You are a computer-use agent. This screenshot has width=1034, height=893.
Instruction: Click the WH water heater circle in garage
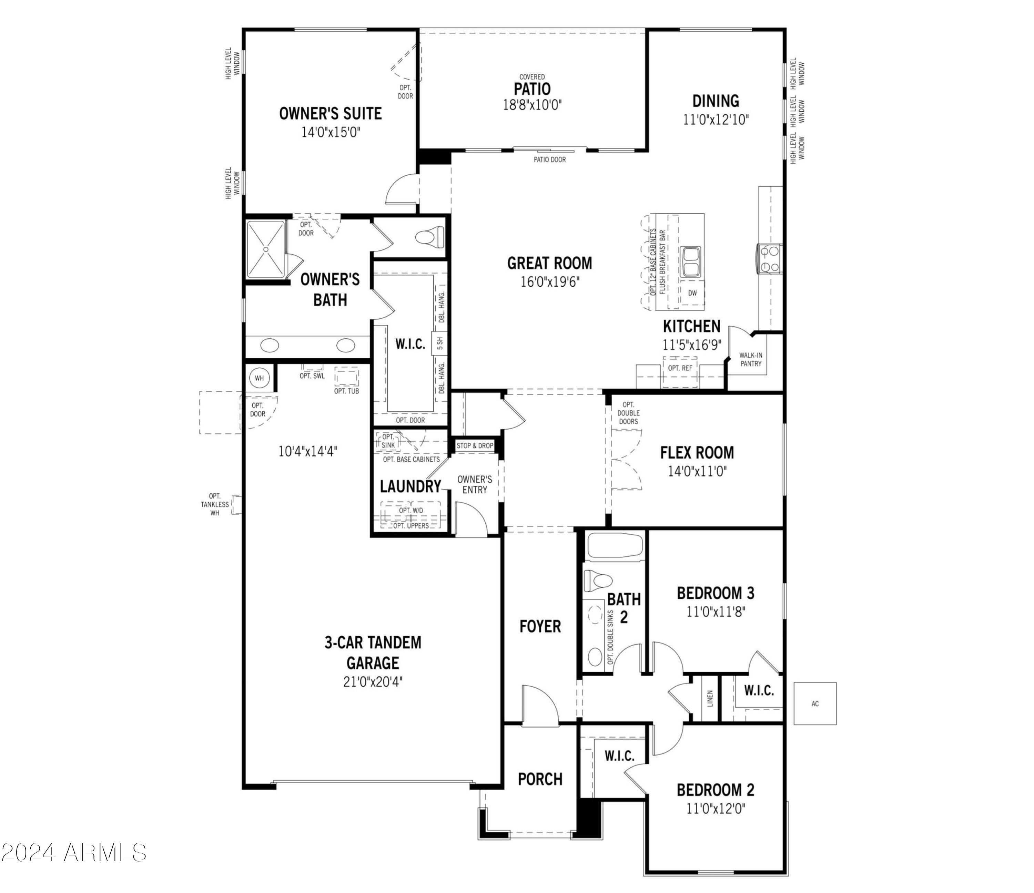click(x=259, y=378)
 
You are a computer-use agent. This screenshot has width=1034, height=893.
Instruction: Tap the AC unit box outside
click(x=815, y=704)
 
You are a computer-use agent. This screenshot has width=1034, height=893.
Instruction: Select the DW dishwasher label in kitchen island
click(x=692, y=293)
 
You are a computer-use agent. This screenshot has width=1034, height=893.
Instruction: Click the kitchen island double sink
click(x=691, y=261)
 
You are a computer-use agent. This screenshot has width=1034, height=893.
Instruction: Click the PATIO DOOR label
click(x=549, y=160)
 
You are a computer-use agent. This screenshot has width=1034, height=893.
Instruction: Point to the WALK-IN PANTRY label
click(x=751, y=359)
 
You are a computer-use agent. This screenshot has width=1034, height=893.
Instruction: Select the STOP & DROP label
click(x=475, y=445)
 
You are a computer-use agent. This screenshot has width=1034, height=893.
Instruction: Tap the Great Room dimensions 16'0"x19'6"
click(x=549, y=282)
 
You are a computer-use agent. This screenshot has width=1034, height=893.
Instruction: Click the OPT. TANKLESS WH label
click(x=215, y=504)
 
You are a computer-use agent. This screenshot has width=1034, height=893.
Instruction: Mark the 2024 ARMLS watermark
click(x=74, y=853)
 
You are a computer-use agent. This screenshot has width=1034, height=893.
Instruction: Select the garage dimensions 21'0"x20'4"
click(x=373, y=681)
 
